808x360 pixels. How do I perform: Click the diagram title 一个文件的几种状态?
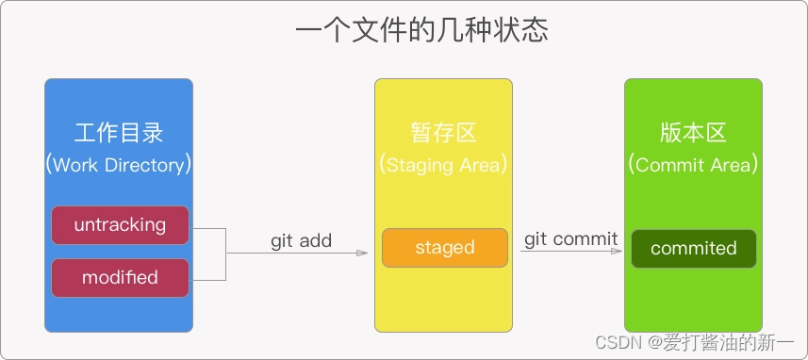tap(421, 30)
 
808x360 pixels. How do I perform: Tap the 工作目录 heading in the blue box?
tap(118, 133)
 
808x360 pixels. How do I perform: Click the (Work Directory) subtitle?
tap(118, 165)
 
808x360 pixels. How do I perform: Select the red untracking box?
tap(120, 225)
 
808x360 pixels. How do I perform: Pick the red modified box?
tap(120, 278)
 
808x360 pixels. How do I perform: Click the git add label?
tap(301, 240)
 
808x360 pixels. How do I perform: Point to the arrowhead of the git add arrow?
tap(361, 254)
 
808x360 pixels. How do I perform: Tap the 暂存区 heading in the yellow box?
tap(443, 133)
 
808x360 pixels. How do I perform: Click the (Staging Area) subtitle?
tap(443, 165)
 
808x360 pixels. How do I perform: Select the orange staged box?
tap(444, 248)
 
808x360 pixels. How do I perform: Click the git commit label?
tap(570, 238)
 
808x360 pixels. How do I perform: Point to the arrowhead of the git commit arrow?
tap(623, 251)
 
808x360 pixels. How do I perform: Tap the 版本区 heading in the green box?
tap(693, 133)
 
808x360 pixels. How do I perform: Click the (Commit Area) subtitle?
tap(693, 165)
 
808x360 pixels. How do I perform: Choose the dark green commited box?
tap(693, 248)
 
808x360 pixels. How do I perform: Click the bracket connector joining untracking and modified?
tap(225, 254)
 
